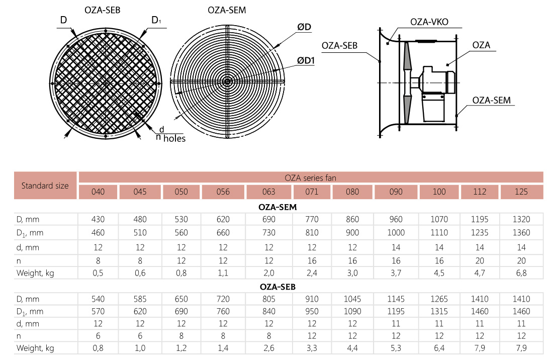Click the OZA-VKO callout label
[429, 22]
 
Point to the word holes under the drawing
[174, 138]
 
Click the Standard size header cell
[45, 185]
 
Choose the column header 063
[268, 192]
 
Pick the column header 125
[522, 192]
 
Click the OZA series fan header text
[310, 177]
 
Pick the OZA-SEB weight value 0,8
[98, 348]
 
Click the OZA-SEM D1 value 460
[98, 233]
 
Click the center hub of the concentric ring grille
[227, 81]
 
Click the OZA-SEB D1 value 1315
[439, 311]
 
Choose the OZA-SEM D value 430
[98, 219]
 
